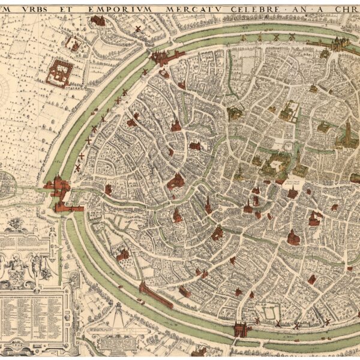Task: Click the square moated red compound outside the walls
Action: (60, 72)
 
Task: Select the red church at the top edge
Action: (98, 20)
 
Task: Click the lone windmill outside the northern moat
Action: (137, 29)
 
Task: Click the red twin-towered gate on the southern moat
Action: (241, 328)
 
